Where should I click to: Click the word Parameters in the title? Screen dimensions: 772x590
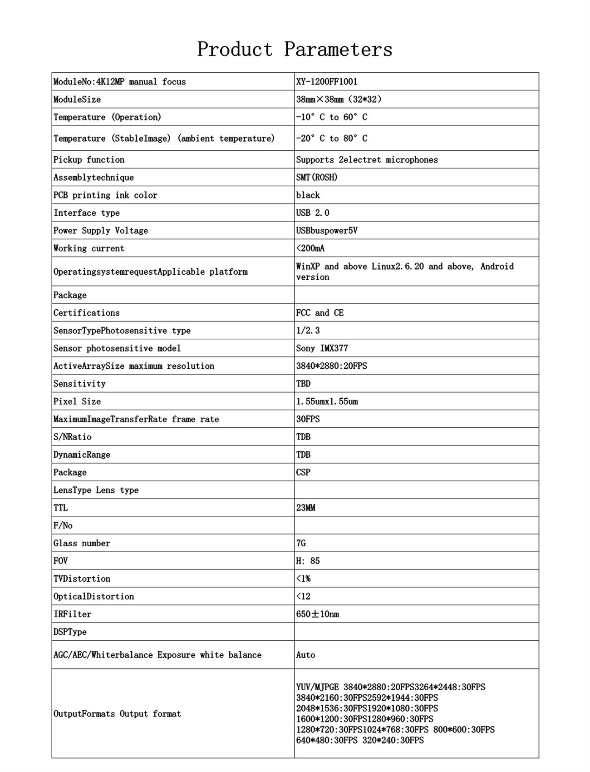coord(338,49)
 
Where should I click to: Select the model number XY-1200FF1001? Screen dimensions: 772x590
coord(327,82)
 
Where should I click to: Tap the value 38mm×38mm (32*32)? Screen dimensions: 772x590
coord(339,99)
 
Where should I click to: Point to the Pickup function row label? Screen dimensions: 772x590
coord(89,160)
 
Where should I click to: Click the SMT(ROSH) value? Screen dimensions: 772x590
coord(317,178)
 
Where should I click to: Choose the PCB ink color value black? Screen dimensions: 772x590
coord(308,195)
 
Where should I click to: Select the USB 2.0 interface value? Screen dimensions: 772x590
coord(313,213)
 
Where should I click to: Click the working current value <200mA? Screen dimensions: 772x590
coord(310,248)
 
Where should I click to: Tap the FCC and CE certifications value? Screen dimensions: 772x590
coord(320,313)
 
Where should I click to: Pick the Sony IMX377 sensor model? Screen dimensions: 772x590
coord(322,348)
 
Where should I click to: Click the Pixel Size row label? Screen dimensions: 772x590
coord(77,401)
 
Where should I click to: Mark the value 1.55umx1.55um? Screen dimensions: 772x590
coord(327,401)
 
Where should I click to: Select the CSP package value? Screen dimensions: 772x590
coord(303,472)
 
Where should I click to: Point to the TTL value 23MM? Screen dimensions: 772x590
coord(305,508)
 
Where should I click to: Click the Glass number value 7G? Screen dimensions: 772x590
coord(301,543)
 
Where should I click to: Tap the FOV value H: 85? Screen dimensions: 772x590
coord(308,561)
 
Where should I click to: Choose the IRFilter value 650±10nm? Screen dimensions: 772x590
coord(317,614)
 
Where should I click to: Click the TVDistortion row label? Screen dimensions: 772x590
coord(82,579)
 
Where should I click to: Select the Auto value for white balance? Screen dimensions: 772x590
coord(305,655)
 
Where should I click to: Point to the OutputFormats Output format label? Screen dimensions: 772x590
coord(117,714)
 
